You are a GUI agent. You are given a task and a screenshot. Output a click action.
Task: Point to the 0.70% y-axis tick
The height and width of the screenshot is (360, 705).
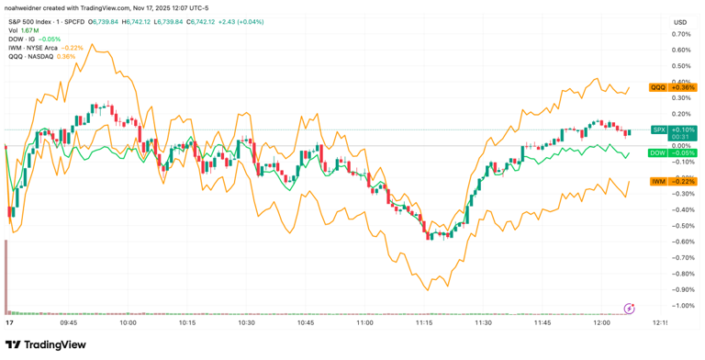[680, 34]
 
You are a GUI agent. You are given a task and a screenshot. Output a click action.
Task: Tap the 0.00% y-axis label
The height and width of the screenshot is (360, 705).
[680, 145]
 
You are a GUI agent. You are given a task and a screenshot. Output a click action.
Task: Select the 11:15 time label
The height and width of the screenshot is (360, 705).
[423, 323]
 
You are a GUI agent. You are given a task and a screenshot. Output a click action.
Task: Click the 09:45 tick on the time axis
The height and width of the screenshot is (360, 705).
[68, 323]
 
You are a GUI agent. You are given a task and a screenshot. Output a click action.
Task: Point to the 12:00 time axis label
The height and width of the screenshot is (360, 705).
[601, 323]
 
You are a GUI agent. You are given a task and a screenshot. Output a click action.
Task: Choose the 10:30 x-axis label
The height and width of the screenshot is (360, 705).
[246, 323]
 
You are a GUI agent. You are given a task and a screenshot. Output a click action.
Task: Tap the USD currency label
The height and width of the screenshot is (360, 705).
[680, 22]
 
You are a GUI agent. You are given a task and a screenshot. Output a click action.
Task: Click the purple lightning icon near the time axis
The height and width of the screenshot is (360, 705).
[630, 308]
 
